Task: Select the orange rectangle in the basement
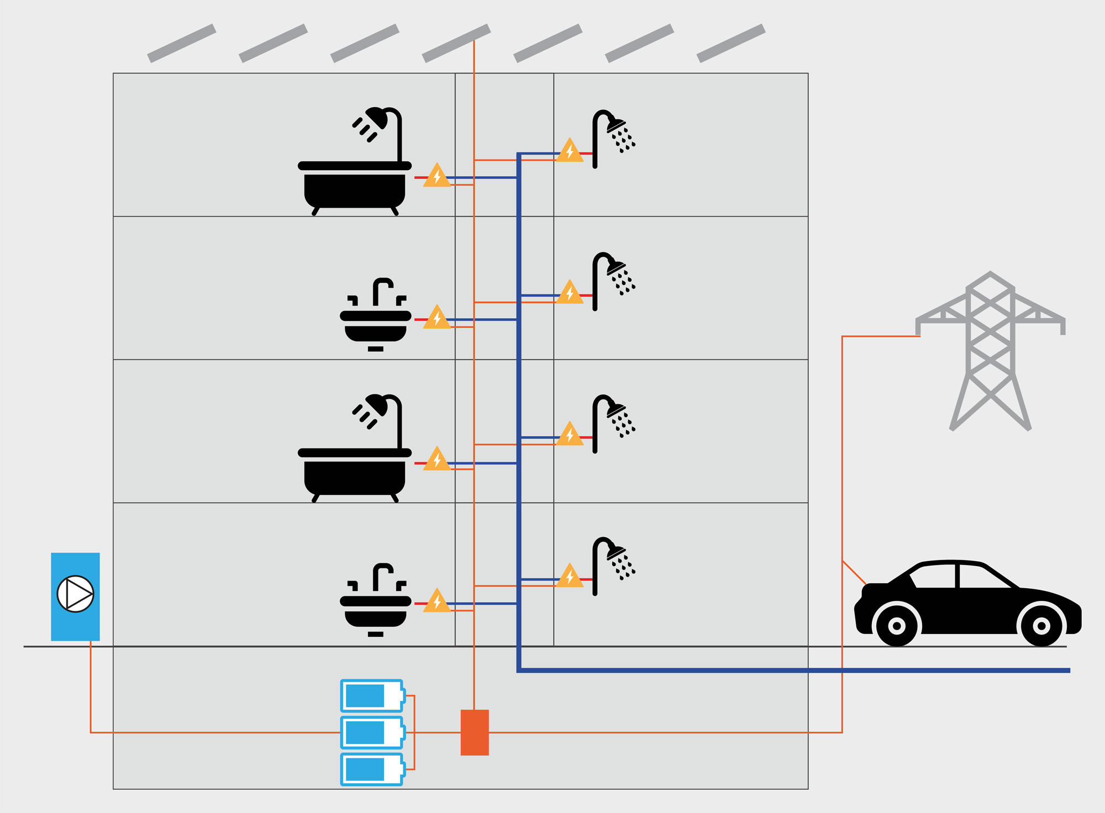(x=475, y=732)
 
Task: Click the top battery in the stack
(x=372, y=695)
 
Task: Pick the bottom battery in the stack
(x=372, y=769)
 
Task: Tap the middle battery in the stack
(x=372, y=732)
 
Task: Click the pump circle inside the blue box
(x=75, y=594)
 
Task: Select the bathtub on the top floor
(x=355, y=185)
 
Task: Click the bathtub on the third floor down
(x=355, y=472)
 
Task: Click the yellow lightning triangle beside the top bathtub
(x=437, y=176)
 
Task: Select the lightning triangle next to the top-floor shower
(x=570, y=151)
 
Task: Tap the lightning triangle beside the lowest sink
(x=437, y=601)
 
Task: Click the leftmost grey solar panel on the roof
(x=182, y=43)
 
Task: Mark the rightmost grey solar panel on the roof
(x=731, y=43)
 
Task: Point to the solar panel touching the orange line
(x=456, y=43)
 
